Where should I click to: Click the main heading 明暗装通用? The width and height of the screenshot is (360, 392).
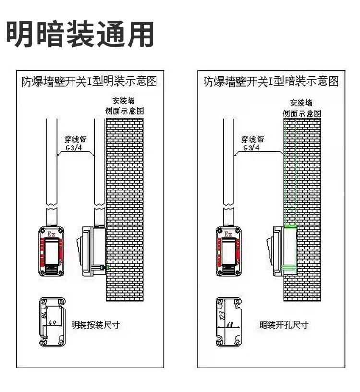(x=80, y=34)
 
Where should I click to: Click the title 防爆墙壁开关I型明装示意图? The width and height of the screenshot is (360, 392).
(x=89, y=81)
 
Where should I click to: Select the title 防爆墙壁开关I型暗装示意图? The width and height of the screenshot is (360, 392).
(x=271, y=81)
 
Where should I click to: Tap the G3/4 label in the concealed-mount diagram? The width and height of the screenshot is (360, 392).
(x=251, y=148)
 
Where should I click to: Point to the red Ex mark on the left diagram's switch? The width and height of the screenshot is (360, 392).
(x=51, y=234)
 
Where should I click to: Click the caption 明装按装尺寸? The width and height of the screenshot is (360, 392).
(x=95, y=325)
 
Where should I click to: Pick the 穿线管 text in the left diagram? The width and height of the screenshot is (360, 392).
(x=75, y=139)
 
